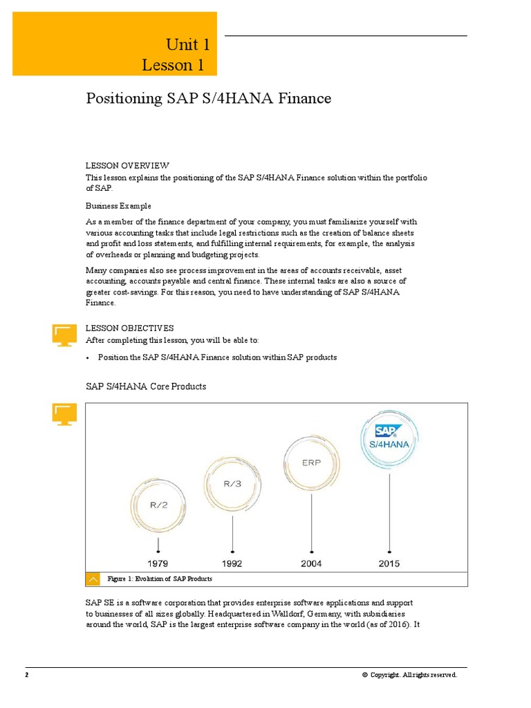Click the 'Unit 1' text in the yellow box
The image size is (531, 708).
pos(187,45)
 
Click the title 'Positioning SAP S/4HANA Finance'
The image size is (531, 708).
pos(208,99)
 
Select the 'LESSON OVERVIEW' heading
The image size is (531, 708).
pos(127,166)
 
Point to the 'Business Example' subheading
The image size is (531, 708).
pos(118,206)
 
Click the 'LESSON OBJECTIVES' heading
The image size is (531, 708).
pos(129,328)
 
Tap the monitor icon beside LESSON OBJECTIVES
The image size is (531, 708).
pos(64,334)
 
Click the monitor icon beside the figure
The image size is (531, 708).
pos(64,414)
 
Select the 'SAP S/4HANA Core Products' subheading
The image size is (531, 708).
pos(146,386)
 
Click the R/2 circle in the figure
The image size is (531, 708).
pos(158,505)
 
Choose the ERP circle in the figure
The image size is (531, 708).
pos(311,463)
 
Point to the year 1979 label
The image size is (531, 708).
pos(158,563)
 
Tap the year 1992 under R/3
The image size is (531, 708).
pos(232,563)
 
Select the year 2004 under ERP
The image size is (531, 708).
pos(311,563)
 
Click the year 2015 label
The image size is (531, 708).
pos(389,563)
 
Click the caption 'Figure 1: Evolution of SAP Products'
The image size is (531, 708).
pos(160,579)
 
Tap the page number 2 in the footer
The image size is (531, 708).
pos(27,675)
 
